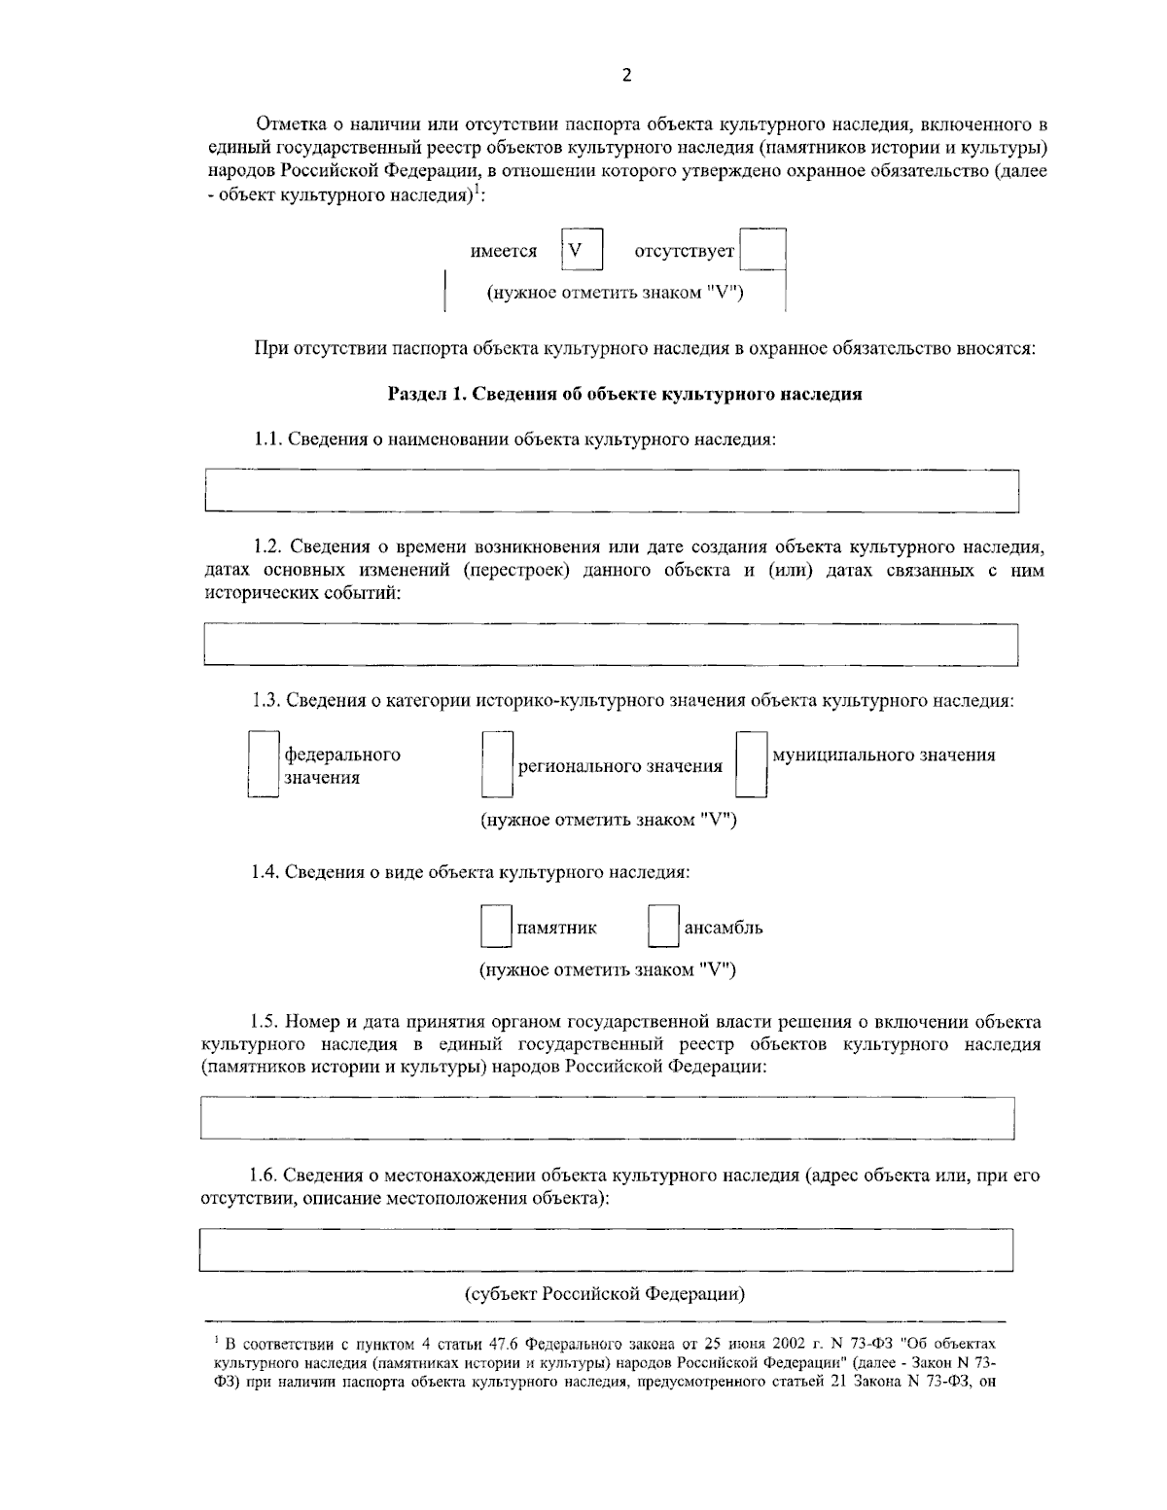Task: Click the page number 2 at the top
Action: pyautogui.click(x=626, y=76)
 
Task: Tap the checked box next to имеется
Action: pyautogui.click(x=582, y=250)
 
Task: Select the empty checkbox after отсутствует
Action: pyautogui.click(x=762, y=251)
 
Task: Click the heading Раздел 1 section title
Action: pyautogui.click(x=624, y=394)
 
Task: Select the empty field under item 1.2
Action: pyautogui.click(x=611, y=646)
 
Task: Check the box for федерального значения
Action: pyautogui.click(x=264, y=765)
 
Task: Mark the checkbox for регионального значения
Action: pyautogui.click(x=497, y=765)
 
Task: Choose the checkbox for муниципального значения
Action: pyautogui.click(x=751, y=765)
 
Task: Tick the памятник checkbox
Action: pyautogui.click(x=496, y=928)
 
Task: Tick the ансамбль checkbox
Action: pyautogui.click(x=663, y=928)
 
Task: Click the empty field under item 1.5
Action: pyautogui.click(x=607, y=1118)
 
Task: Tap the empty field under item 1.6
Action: pyautogui.click(x=605, y=1250)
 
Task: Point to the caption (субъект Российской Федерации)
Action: pyautogui.click(x=604, y=1294)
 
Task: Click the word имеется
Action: pyautogui.click(x=504, y=252)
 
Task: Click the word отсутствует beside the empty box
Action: pyautogui.click(x=684, y=252)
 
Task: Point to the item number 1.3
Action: pyautogui.click(x=264, y=701)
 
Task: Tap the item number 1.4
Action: pyautogui.click(x=264, y=872)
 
